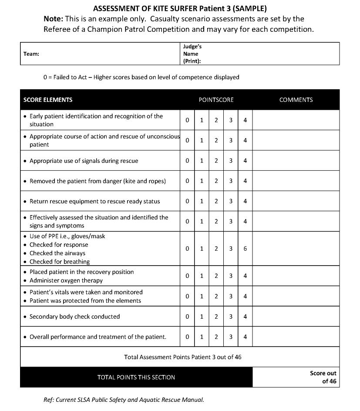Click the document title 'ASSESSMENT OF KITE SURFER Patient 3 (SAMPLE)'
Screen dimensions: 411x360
pyautogui.click(x=180, y=8)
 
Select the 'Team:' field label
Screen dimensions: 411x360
pyautogui.click(x=31, y=54)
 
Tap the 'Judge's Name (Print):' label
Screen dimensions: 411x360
pyautogui.click(x=192, y=54)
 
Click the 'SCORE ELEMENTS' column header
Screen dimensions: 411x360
pyautogui.click(x=48, y=100)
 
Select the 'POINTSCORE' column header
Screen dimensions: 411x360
pyautogui.click(x=216, y=100)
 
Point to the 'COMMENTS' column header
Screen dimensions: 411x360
pyautogui.click(x=296, y=100)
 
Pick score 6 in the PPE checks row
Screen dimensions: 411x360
pyautogui.click(x=245, y=249)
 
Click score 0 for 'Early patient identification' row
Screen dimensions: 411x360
pyautogui.click(x=187, y=120)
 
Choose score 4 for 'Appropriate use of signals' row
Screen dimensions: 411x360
pyautogui.click(x=245, y=161)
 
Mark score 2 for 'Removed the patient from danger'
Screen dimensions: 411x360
pyautogui.click(x=216, y=181)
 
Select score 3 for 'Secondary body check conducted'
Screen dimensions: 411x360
pyautogui.click(x=231, y=317)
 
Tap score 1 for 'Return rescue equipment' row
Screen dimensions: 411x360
pyautogui.click(x=202, y=201)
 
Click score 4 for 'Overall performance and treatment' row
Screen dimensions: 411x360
pyautogui.click(x=245, y=337)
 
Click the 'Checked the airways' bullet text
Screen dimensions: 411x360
pyautogui.click(x=57, y=253)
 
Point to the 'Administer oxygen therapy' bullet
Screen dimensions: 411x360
pyautogui.click(x=66, y=280)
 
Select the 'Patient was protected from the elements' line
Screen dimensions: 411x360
pyautogui.click(x=85, y=300)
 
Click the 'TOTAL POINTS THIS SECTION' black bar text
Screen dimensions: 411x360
pyautogui.click(x=136, y=377)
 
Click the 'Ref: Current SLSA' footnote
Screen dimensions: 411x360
pyautogui.click(x=124, y=400)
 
